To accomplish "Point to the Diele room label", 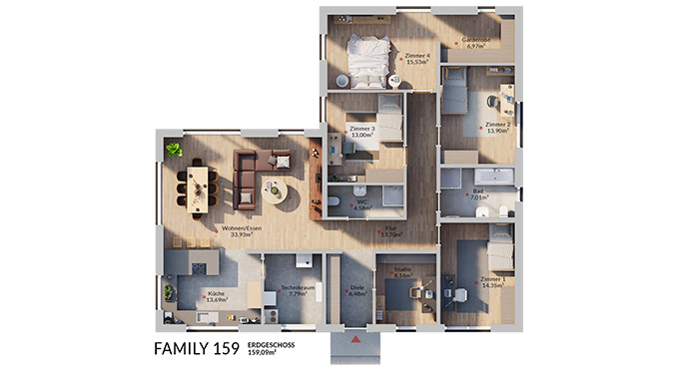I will (356, 290).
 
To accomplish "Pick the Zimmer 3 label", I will (361, 132).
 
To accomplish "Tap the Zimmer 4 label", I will (417, 58).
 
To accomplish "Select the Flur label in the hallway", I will (390, 232).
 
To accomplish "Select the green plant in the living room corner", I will (174, 150).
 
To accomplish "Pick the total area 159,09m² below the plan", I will (268, 353).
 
